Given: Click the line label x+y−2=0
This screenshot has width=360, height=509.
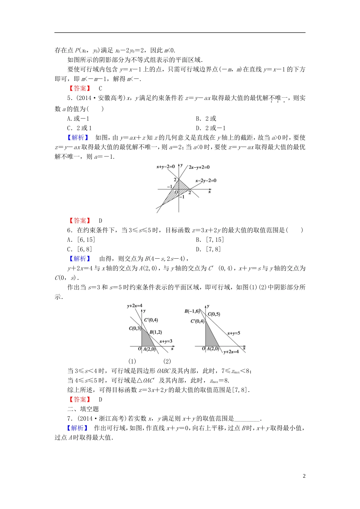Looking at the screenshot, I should tap(166, 167).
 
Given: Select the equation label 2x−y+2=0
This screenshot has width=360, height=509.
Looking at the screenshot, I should tap(199, 167).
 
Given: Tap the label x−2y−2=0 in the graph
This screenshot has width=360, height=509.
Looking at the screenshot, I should tap(206, 181).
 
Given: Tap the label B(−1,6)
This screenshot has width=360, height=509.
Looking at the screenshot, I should tap(192, 311).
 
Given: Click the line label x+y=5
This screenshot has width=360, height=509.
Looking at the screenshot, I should tap(233, 333).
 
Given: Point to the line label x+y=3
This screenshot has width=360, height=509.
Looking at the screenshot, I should tap(166, 341).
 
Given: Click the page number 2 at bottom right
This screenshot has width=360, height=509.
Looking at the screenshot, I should tap(304, 476).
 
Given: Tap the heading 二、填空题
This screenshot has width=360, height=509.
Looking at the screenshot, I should tap(83, 409).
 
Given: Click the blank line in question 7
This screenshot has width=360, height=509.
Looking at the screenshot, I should tap(247, 419).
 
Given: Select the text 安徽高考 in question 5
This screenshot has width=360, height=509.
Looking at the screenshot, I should tap(111, 98).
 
